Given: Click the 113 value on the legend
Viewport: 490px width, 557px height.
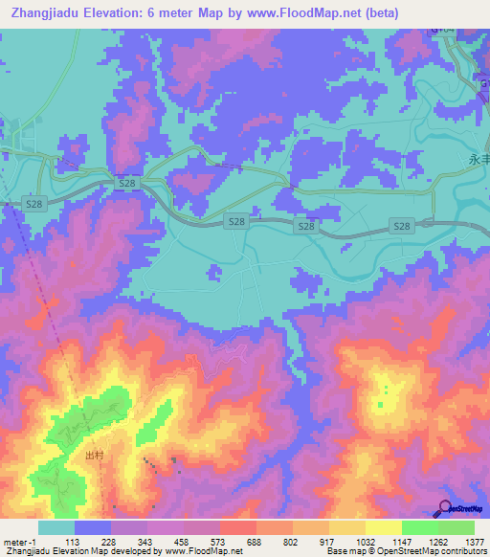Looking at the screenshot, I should point(71,542).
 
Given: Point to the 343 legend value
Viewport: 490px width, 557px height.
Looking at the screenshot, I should point(146,542).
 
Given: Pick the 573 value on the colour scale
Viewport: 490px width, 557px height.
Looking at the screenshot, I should point(220,542).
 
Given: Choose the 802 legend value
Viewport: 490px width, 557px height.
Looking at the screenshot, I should point(292,542).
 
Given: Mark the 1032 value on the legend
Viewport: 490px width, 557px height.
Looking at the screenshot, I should point(365,542).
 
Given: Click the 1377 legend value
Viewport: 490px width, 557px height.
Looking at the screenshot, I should point(475,542).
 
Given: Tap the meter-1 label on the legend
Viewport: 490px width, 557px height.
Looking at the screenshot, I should point(17,542).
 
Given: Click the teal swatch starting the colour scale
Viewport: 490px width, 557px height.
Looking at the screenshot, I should point(56,527).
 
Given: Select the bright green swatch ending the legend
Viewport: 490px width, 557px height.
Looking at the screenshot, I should point(457,527).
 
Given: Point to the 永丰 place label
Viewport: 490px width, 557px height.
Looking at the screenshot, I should point(479,160).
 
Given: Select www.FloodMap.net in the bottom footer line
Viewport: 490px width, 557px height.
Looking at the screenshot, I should point(203,552).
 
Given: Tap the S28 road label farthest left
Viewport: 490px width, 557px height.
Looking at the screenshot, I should point(33,204).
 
